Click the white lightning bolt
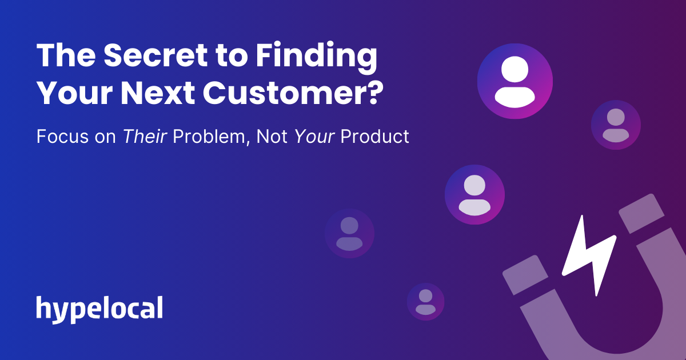(x=589, y=254)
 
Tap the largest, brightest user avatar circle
(x=514, y=81)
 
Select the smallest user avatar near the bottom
(x=425, y=301)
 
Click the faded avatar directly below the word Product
(x=349, y=233)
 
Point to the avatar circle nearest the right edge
(x=616, y=125)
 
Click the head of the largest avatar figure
(x=514, y=70)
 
